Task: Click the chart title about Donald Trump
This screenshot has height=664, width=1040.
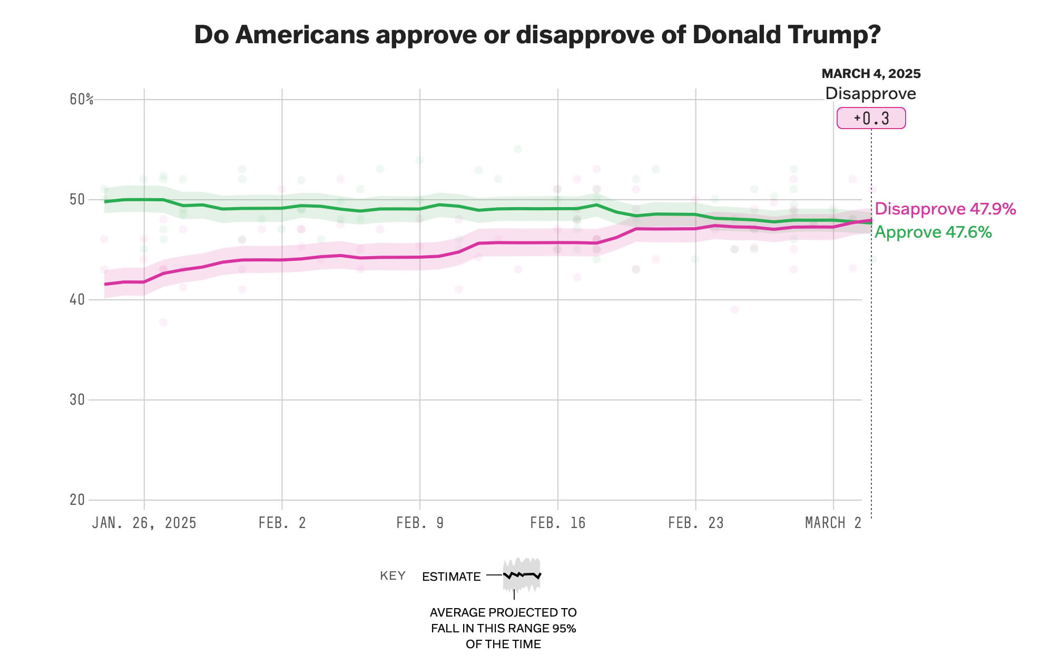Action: tap(537, 35)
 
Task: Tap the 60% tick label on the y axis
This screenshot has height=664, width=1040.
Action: tap(81, 99)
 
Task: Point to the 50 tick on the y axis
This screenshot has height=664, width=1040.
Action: tap(77, 199)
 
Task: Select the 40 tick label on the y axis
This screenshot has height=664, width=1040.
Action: tap(77, 299)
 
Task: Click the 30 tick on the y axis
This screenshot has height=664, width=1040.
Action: tap(77, 399)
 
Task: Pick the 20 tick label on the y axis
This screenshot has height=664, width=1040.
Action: tap(77, 500)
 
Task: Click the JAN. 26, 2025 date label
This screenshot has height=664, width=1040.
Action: tap(144, 523)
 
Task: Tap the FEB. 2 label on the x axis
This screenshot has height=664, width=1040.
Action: tap(282, 523)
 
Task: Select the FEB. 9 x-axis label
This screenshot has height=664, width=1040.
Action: tap(420, 523)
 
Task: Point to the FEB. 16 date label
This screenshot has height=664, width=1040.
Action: tap(557, 523)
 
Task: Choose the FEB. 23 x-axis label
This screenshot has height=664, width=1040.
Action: tap(695, 523)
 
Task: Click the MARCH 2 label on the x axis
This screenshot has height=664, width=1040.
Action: tap(833, 523)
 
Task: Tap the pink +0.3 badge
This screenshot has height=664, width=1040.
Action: tap(871, 118)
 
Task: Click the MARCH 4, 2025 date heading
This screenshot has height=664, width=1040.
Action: tap(871, 74)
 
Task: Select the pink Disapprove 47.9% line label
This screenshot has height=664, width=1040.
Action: tap(945, 209)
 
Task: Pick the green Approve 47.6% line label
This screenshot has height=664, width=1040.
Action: tap(933, 232)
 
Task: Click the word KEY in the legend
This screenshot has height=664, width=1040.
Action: tap(393, 575)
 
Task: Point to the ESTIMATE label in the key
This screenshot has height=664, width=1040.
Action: tap(451, 577)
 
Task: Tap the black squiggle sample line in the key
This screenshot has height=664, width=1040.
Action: tap(522, 575)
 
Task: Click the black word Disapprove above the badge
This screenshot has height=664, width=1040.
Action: tap(870, 93)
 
